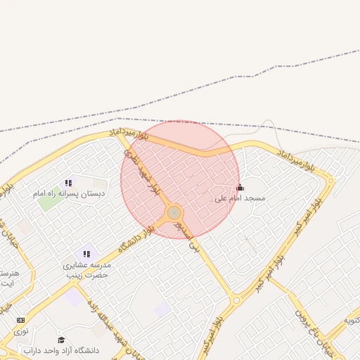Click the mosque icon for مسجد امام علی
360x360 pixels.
[x=240, y=187]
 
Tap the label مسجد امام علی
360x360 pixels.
[x=240, y=199]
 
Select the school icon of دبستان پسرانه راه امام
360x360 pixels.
[x=68, y=183]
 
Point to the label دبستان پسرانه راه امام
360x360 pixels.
[x=69, y=193]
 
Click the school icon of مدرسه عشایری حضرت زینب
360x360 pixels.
[x=86, y=254]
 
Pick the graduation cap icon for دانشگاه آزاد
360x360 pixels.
[x=61, y=340]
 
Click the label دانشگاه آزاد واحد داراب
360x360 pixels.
[x=61, y=350]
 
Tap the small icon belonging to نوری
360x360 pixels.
[x=20, y=320]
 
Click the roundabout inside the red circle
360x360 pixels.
[x=174, y=212]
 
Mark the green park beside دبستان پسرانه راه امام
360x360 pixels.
[x=48, y=202]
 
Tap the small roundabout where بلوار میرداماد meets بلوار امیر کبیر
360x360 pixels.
[x=330, y=181]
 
